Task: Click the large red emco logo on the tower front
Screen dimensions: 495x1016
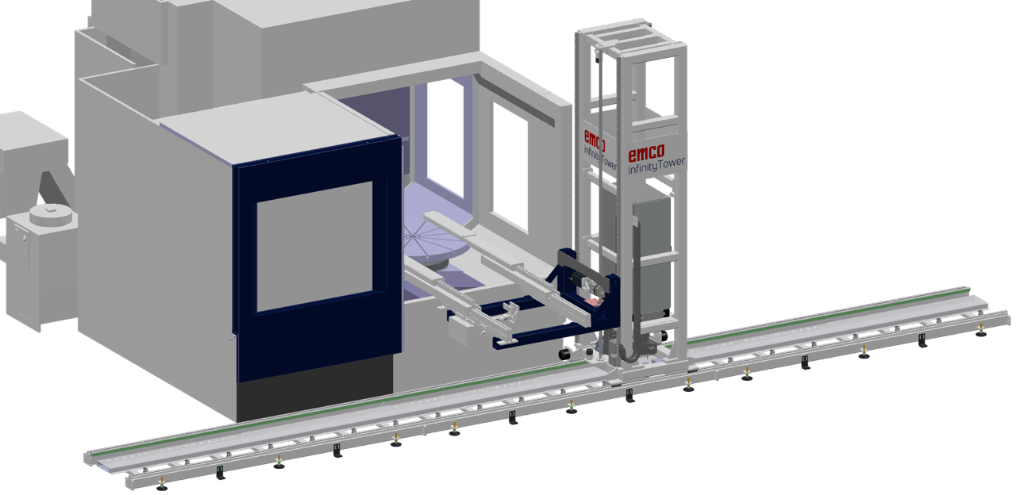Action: click(647, 152)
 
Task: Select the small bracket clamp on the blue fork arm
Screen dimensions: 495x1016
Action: click(512, 312)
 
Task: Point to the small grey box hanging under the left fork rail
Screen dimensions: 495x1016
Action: click(460, 333)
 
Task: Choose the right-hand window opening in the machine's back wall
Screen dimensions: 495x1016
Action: click(509, 167)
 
